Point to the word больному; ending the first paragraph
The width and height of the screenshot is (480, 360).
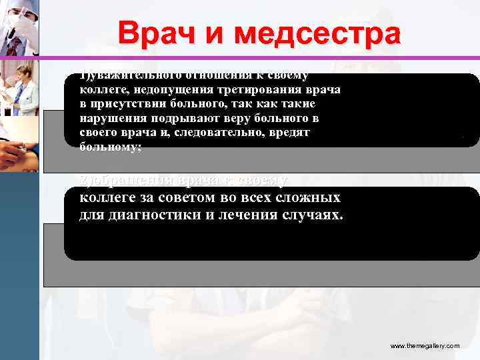point(111,147)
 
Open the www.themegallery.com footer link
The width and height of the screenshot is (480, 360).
point(424,346)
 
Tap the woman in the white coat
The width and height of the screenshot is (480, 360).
point(20,90)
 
